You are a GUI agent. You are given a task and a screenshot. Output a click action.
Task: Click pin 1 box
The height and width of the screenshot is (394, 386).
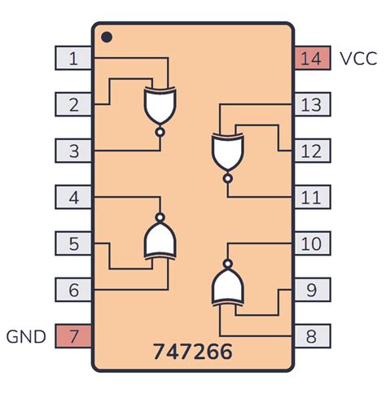[73, 59]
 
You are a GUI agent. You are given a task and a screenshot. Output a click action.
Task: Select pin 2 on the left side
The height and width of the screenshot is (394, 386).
[73, 104]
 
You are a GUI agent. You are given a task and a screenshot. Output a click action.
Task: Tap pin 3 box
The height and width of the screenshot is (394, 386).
[73, 151]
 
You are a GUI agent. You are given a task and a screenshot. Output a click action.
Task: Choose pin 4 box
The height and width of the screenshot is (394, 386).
[73, 197]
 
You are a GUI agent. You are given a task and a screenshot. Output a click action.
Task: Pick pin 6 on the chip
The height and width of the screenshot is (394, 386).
[73, 289]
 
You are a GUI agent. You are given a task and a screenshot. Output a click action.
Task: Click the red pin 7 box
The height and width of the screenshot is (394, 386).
[73, 335]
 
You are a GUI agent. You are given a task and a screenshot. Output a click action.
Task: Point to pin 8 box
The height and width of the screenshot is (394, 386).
[312, 335]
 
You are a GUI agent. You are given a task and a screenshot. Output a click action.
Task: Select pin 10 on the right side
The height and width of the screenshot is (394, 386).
[312, 243]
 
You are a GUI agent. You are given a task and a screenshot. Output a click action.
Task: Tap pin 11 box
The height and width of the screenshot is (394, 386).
[312, 197]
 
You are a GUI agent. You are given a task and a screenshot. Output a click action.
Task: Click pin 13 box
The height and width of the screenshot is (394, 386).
[312, 104]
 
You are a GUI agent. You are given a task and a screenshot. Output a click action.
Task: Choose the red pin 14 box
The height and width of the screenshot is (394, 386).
[312, 59]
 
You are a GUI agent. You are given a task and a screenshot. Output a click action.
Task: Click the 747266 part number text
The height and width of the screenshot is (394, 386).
[192, 352]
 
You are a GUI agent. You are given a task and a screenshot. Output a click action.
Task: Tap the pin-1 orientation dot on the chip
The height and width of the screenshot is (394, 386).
[105, 37]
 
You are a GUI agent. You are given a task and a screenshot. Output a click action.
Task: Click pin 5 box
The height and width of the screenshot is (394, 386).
[73, 243]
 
